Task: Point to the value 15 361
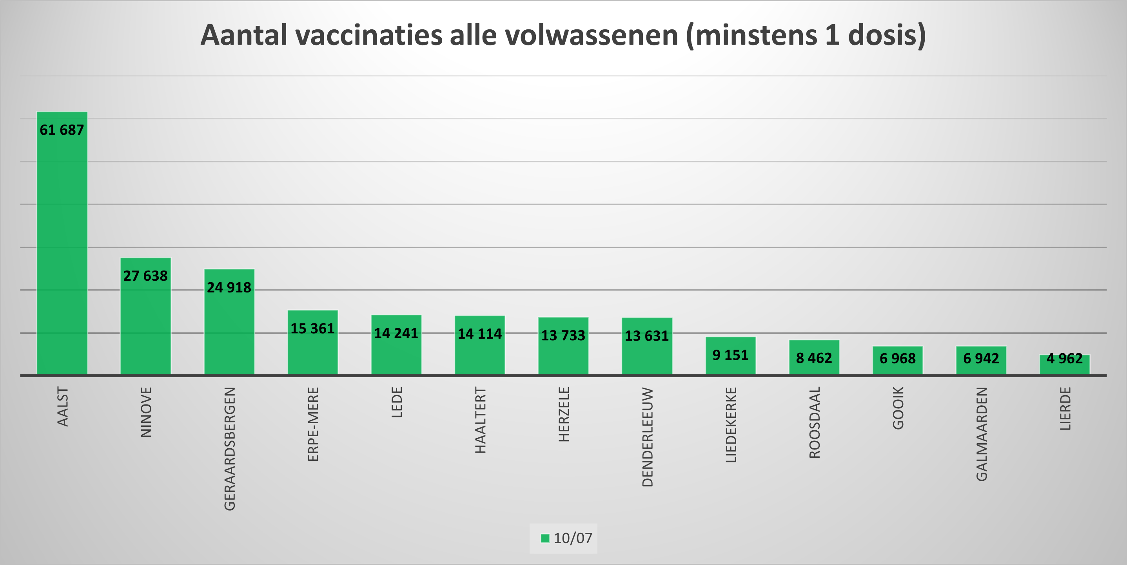312,328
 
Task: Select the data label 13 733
563,335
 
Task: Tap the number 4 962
1064,359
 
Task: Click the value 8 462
814,358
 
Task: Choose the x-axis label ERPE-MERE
313,424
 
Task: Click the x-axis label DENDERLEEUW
648,437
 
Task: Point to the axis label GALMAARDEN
982,434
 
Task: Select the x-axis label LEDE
396,402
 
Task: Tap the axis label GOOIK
898,408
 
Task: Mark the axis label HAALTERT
480,420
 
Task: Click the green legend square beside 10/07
545,538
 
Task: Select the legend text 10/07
573,538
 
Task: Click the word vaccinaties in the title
369,35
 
